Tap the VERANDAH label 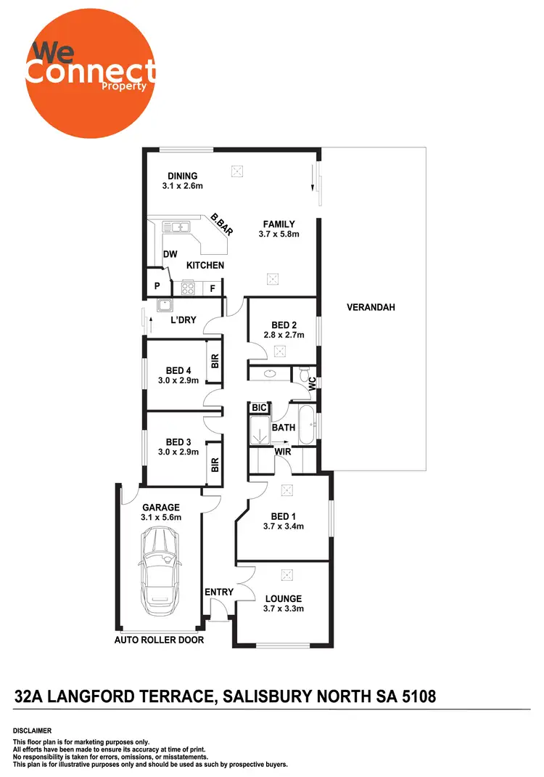(x=370, y=307)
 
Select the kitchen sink (x=176, y=227)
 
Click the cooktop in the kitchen (x=188, y=288)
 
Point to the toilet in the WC (x=304, y=375)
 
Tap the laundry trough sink (x=165, y=305)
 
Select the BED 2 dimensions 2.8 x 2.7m (x=282, y=336)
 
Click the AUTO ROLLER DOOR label (x=160, y=640)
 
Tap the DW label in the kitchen (x=170, y=254)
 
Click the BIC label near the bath (x=259, y=408)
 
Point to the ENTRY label (x=219, y=592)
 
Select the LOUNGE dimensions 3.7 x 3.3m (x=282, y=609)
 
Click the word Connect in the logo (x=90, y=70)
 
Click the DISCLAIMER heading (x=33, y=730)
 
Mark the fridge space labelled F (x=213, y=288)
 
